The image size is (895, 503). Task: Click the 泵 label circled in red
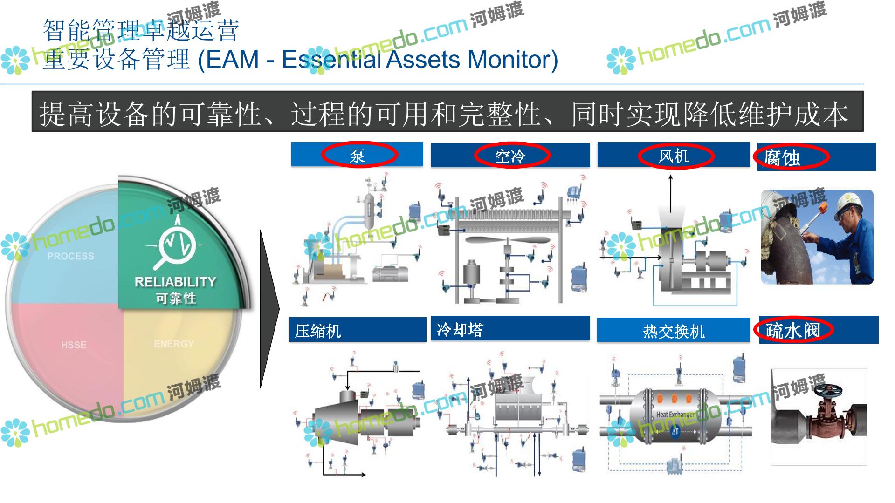357,156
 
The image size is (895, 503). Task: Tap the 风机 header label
674,156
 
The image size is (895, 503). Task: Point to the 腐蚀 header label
782,158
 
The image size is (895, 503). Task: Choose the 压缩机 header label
318,331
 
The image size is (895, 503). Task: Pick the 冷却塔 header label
460,330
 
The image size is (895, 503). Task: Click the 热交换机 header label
674,332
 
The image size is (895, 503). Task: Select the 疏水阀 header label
792,331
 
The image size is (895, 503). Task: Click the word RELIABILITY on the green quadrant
175,282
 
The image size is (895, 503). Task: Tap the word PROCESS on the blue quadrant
70,256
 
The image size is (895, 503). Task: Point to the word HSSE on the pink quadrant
74,345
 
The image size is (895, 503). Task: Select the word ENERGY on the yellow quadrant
174,344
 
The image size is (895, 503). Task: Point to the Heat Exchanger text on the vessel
675,414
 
